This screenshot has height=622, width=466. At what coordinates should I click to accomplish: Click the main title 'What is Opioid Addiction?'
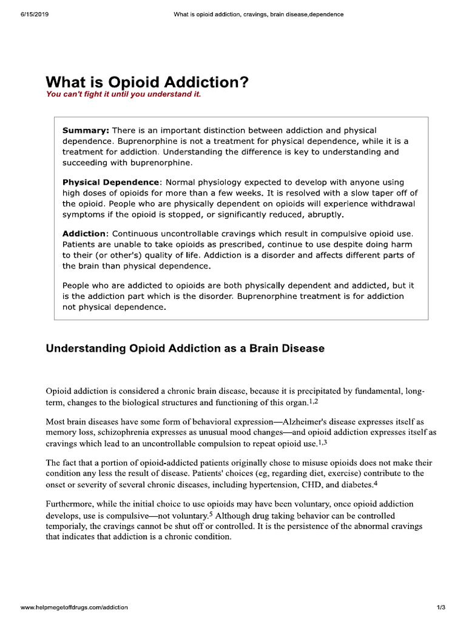[x=147, y=83]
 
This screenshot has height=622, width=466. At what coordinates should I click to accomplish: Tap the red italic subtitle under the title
[x=123, y=95]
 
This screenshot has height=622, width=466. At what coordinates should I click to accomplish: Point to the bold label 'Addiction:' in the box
[x=86, y=234]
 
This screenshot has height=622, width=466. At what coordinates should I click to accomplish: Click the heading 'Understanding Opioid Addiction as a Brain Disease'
[x=185, y=349]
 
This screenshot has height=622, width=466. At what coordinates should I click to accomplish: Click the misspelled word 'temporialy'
[x=69, y=527]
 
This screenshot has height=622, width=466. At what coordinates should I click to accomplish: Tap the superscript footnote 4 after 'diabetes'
[x=376, y=482]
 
